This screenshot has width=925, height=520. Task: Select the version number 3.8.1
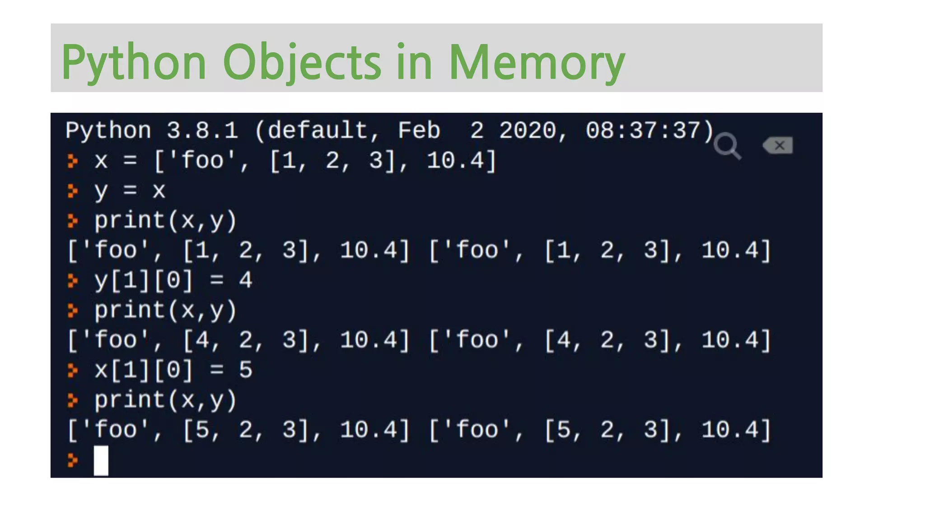[x=202, y=131]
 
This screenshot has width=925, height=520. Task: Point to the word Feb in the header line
[x=419, y=131]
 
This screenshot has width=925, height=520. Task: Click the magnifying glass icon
[x=727, y=146]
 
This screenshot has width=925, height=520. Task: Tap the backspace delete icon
[x=778, y=145]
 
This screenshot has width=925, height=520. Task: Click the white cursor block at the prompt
[x=101, y=460]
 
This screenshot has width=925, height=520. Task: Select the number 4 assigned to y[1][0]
[x=245, y=280]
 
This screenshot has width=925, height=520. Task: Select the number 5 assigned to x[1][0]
[x=245, y=370]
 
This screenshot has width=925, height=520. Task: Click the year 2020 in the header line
[x=528, y=131]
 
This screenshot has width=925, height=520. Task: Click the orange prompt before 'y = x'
[x=72, y=190]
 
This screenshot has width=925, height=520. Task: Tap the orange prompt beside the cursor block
[x=72, y=460]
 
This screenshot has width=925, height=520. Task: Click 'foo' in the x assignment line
[x=202, y=161]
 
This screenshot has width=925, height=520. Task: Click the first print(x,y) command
[x=165, y=221]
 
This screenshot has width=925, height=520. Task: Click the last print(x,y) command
[x=165, y=400]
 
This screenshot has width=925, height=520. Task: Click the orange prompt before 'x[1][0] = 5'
[x=72, y=370]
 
